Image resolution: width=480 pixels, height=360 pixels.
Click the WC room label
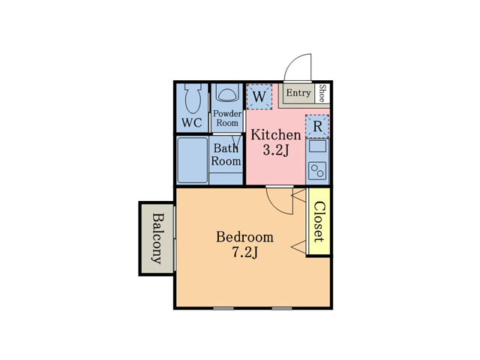pos(192,123)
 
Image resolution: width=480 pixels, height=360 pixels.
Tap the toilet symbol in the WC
pos(193,98)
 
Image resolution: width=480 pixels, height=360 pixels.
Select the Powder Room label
pos(227,118)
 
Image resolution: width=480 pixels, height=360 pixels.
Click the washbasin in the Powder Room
pos(227,93)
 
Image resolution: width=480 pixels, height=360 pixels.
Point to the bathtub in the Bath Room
pos(192,160)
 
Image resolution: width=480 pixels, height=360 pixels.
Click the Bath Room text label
pos(226,154)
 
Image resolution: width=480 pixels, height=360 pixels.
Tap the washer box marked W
pos(259,97)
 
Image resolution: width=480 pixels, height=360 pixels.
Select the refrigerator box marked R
pos(317,126)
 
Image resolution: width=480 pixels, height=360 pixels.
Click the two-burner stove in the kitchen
pos(317,171)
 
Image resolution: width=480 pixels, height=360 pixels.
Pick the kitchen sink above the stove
pos(317,146)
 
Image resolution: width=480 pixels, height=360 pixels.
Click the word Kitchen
pos(276,135)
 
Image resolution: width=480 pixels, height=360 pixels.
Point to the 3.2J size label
pos(276,150)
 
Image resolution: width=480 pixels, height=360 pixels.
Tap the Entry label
pos(298,93)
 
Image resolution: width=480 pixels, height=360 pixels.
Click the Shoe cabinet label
pos(322,93)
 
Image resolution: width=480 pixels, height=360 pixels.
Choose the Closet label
pos(319,222)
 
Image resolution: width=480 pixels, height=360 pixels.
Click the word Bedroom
pos(245,237)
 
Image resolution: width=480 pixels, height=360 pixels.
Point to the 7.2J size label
pos(245,253)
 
